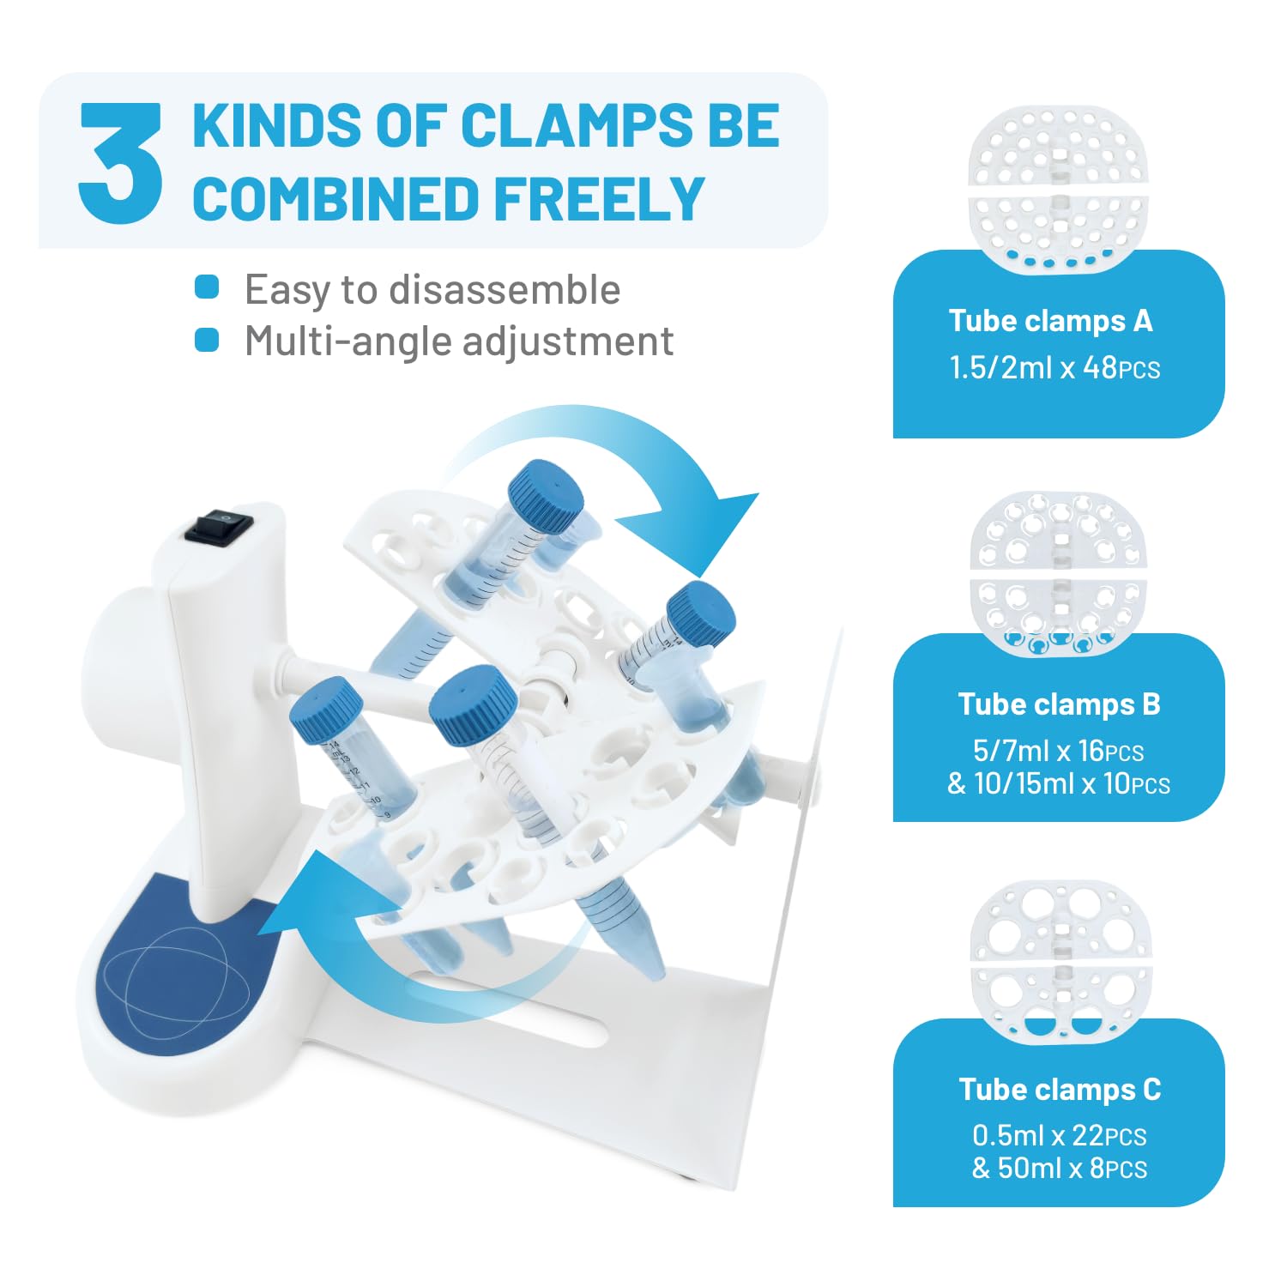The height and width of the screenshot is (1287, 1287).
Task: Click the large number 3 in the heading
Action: pyautogui.click(x=120, y=163)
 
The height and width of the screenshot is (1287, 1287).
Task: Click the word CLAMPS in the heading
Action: pyautogui.click(x=576, y=125)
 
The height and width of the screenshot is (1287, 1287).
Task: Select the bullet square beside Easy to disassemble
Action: pyautogui.click(x=207, y=287)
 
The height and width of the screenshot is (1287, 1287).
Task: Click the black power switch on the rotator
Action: pyautogui.click(x=220, y=526)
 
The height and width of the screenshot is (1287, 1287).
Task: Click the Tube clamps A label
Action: pyautogui.click(x=1050, y=321)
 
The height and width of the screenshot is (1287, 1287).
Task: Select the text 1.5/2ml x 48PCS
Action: pyautogui.click(x=1054, y=368)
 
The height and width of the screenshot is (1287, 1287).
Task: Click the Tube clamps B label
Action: pyautogui.click(x=1059, y=704)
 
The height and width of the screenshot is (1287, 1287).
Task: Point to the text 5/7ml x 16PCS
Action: pyautogui.click(x=1058, y=751)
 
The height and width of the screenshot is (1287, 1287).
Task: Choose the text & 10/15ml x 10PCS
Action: pyautogui.click(x=1058, y=783)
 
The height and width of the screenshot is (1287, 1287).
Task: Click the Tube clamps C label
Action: pyautogui.click(x=1060, y=1090)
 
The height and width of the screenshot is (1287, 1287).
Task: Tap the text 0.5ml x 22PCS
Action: pyautogui.click(x=1060, y=1136)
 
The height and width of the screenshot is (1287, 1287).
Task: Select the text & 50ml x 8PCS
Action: pyautogui.click(x=1060, y=1169)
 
